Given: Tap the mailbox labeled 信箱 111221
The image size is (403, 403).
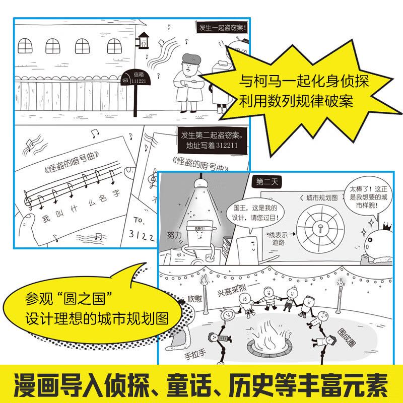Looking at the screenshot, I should click(131, 78).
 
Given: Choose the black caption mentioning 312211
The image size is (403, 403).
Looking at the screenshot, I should click(211, 141).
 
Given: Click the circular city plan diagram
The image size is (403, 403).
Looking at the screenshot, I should click(319, 227).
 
